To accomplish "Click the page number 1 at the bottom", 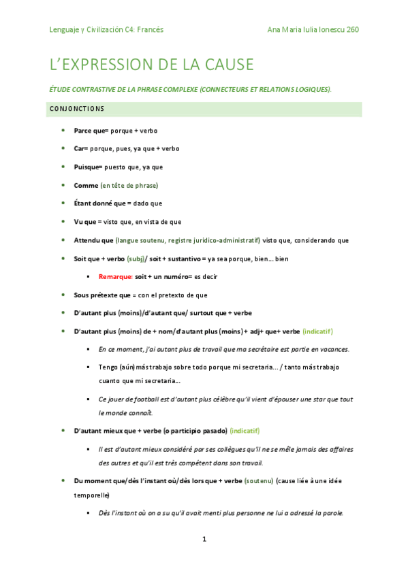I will coord(204,540).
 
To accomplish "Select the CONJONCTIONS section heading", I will coord(76,109).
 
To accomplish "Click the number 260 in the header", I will coord(352,30).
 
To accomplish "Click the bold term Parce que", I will coord(87,130).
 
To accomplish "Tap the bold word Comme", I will coord(85,185).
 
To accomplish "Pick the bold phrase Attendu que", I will coord(93,240).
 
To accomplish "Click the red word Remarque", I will coord(115,277).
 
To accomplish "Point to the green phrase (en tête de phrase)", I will coord(129,185).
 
